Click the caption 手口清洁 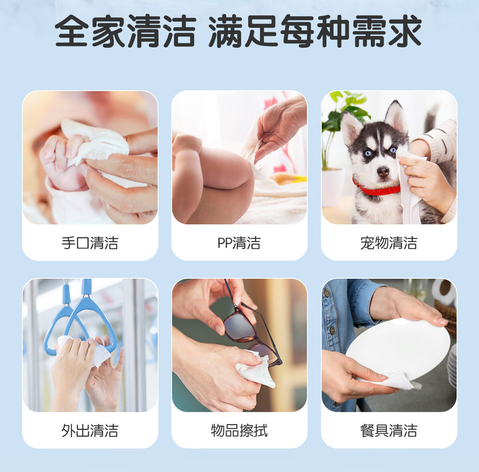[x=90, y=243]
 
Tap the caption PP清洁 [x=239, y=243]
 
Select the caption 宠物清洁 [x=389, y=243]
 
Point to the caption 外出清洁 [x=90, y=430]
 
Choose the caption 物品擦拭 [x=239, y=430]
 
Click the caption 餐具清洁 [x=389, y=430]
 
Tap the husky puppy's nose [x=383, y=171]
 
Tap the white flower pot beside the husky [x=332, y=187]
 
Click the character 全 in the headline [x=71, y=31]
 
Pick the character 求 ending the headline [x=405, y=31]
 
